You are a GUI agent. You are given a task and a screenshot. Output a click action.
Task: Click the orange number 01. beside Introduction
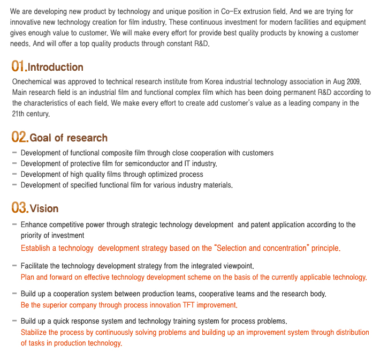pyautogui.click(x=19, y=66)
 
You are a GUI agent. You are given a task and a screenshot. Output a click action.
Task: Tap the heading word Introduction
pyautogui.click(x=56, y=67)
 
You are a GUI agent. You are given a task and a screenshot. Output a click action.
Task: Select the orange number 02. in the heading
pyautogui.click(x=20, y=138)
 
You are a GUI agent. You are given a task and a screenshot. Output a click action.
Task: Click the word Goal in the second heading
pyautogui.click(x=41, y=138)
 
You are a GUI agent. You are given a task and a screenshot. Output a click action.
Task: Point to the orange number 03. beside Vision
pyautogui.click(x=20, y=207)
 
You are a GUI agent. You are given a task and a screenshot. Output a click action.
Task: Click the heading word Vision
pyautogui.click(x=44, y=208)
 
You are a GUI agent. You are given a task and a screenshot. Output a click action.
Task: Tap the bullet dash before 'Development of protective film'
pyautogui.click(x=14, y=163)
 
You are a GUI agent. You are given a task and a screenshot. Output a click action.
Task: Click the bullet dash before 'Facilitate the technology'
pyautogui.click(x=14, y=265)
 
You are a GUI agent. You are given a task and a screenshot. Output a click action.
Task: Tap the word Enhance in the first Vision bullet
pyautogui.click(x=34, y=225)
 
